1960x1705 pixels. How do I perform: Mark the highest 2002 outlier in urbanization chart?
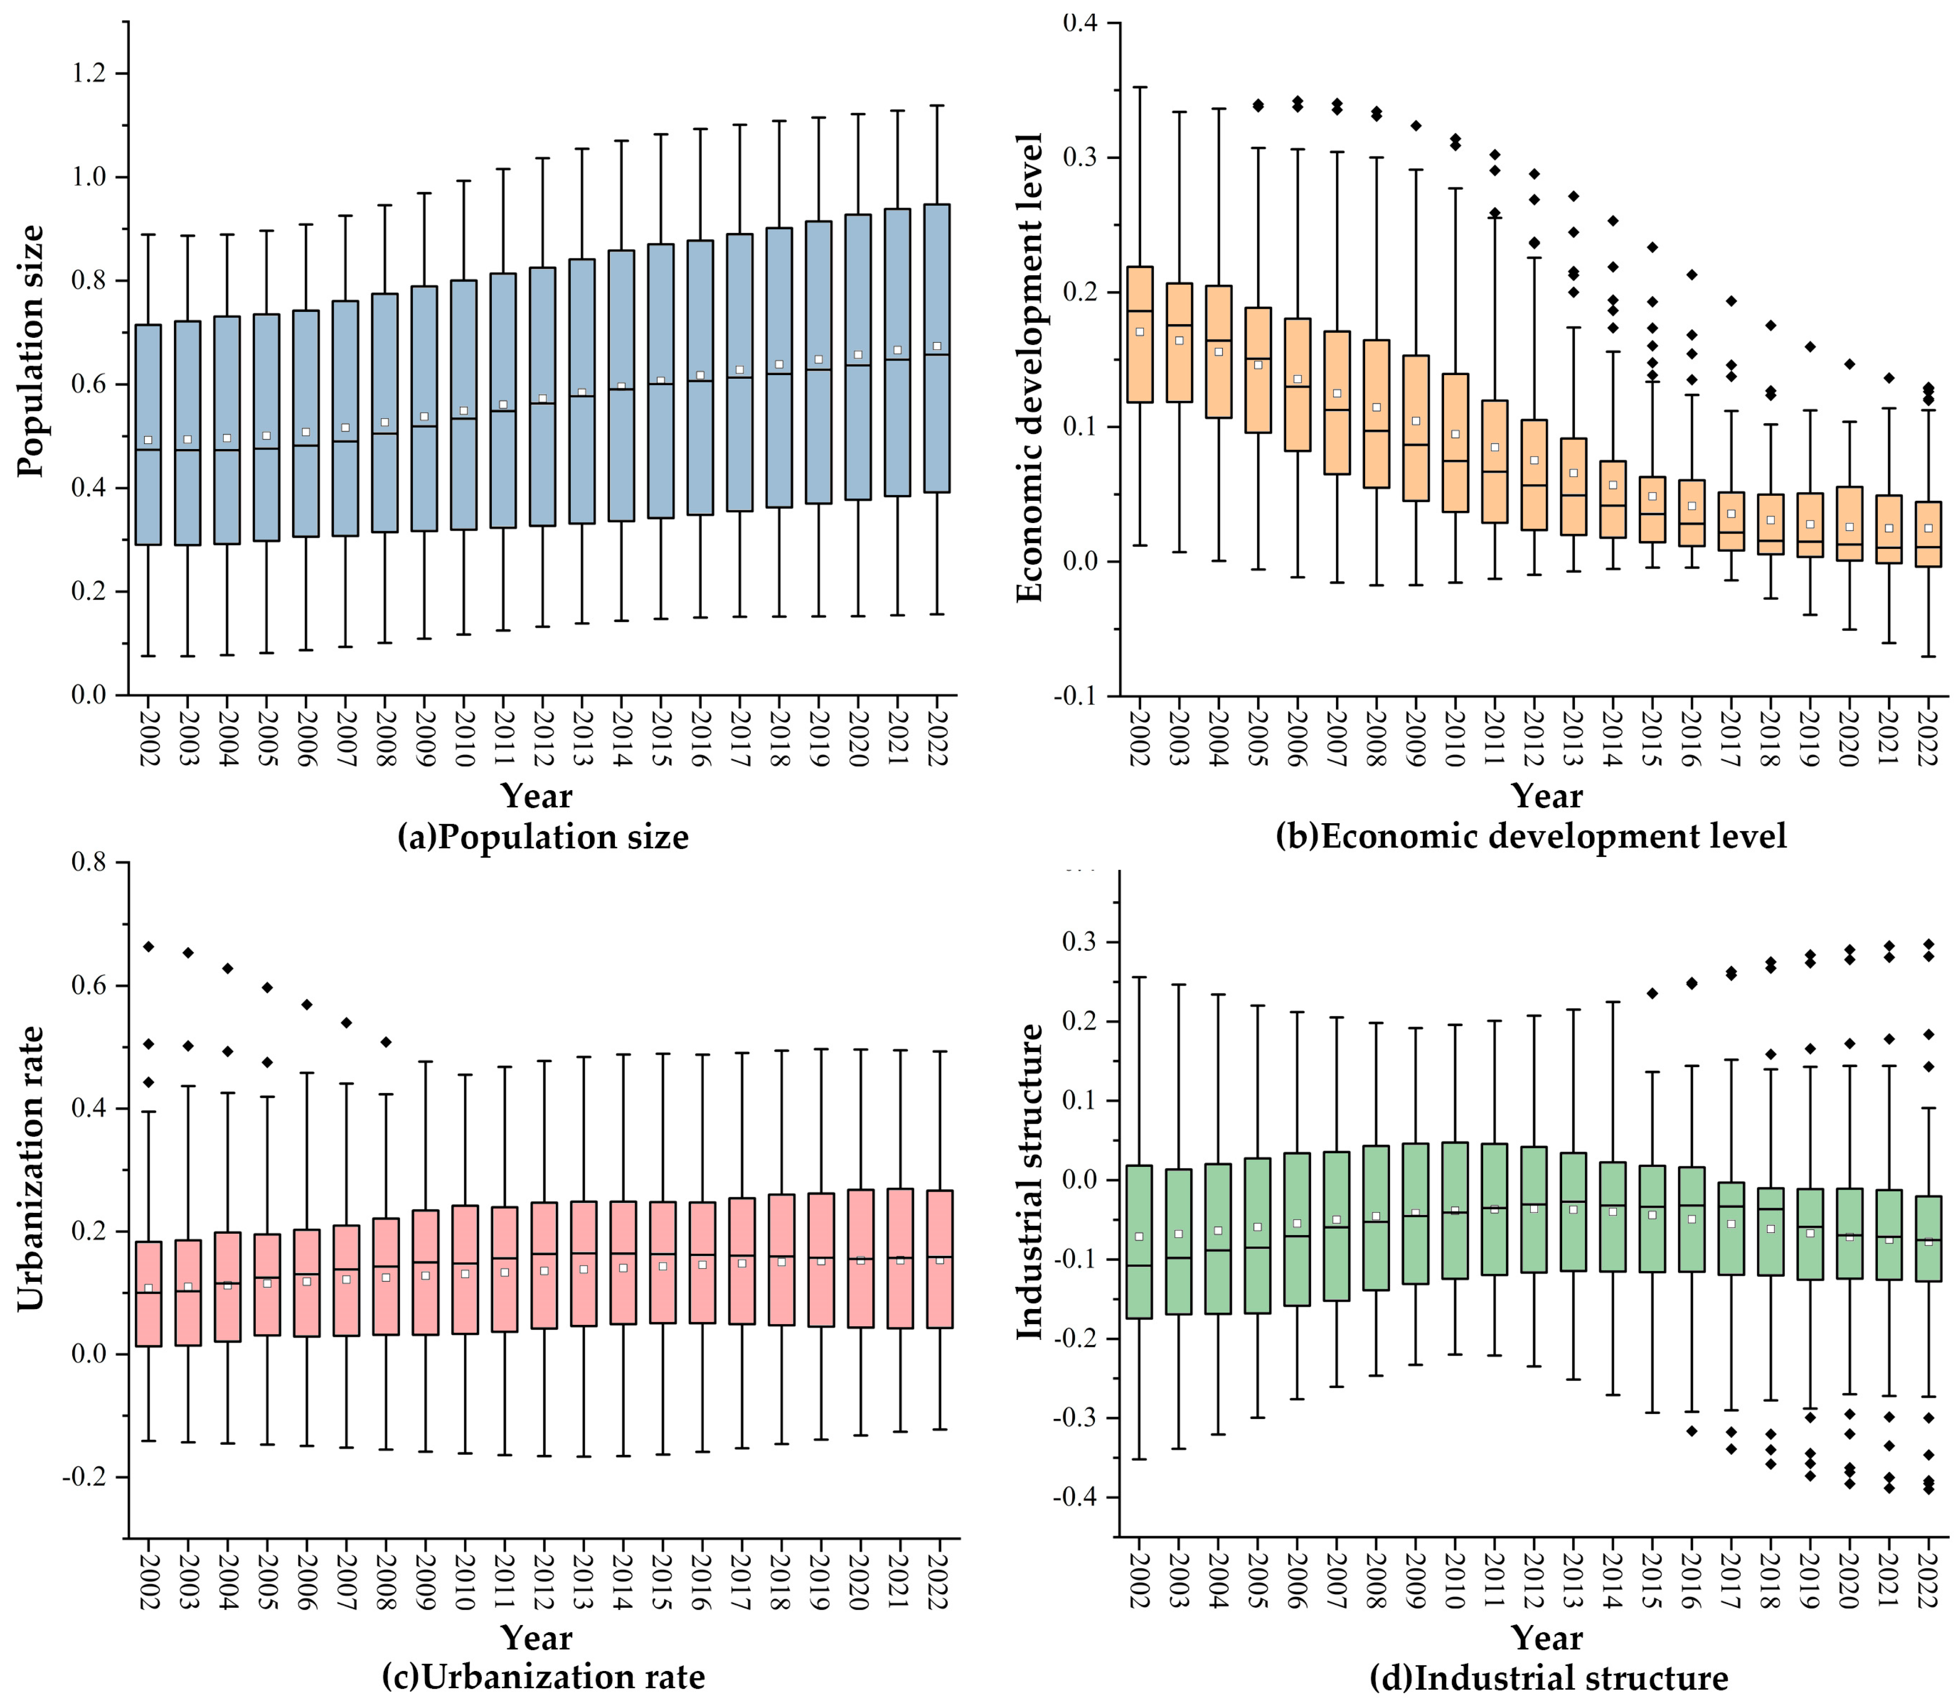point(148,946)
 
